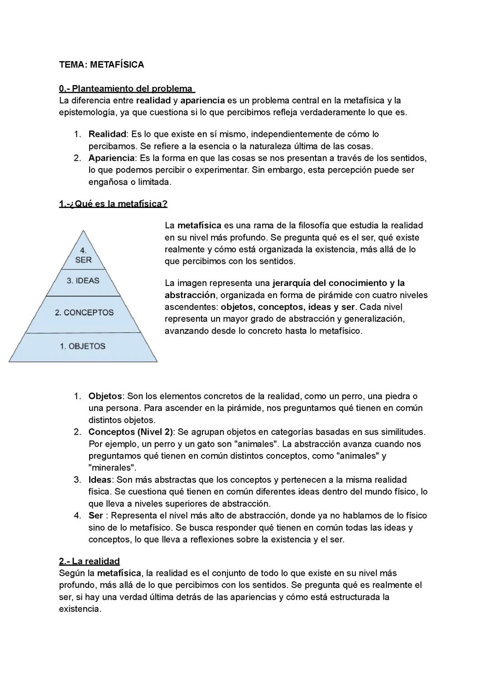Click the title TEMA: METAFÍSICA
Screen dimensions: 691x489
point(101,65)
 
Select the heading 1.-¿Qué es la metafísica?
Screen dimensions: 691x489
point(113,204)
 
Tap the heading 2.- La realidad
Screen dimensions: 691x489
point(89,561)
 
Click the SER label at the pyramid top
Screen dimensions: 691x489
point(83,260)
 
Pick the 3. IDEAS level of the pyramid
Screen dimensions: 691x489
point(83,280)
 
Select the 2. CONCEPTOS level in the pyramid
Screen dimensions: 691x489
point(84,313)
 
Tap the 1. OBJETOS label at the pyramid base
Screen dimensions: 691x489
point(82,346)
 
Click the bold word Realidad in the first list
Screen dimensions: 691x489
point(107,134)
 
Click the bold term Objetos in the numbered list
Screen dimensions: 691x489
point(105,396)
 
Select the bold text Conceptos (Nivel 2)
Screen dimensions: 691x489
point(130,432)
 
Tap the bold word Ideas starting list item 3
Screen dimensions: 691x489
point(100,479)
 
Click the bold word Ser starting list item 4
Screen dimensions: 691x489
point(96,515)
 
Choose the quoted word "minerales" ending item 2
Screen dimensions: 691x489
point(112,468)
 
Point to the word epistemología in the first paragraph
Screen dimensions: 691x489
point(87,112)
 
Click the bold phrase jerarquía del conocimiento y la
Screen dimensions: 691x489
point(338,283)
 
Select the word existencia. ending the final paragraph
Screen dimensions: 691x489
point(80,609)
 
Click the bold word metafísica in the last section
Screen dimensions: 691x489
point(119,573)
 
